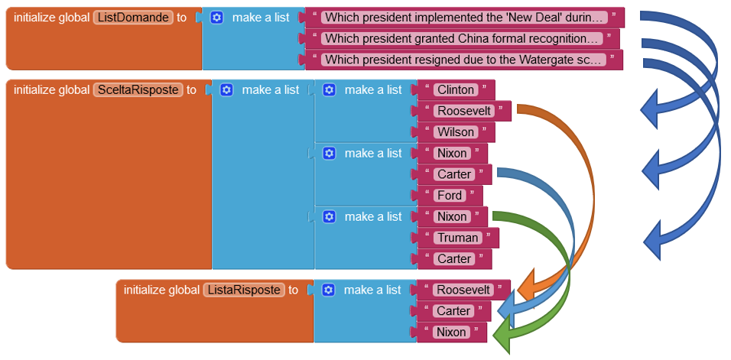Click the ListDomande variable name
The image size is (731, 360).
point(133,18)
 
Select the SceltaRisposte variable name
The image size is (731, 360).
point(138,90)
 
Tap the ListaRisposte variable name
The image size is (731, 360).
point(244,290)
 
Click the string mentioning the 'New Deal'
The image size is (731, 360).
point(464,18)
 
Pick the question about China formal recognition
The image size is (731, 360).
point(462,39)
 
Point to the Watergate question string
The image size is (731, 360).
point(463,60)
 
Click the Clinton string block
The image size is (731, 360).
point(456,90)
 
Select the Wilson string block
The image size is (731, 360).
point(456,132)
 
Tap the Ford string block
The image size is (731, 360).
point(450,196)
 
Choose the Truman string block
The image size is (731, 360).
point(457,238)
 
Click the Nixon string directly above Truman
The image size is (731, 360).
point(452,216)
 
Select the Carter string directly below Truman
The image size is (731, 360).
point(454,259)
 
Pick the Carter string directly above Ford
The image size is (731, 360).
point(454,174)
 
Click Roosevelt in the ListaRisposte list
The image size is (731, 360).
point(463,290)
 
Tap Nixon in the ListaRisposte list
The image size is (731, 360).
point(451,332)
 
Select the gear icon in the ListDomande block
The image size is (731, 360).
point(216,18)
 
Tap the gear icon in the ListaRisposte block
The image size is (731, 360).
point(329,290)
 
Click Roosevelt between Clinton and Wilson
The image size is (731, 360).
point(463,111)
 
